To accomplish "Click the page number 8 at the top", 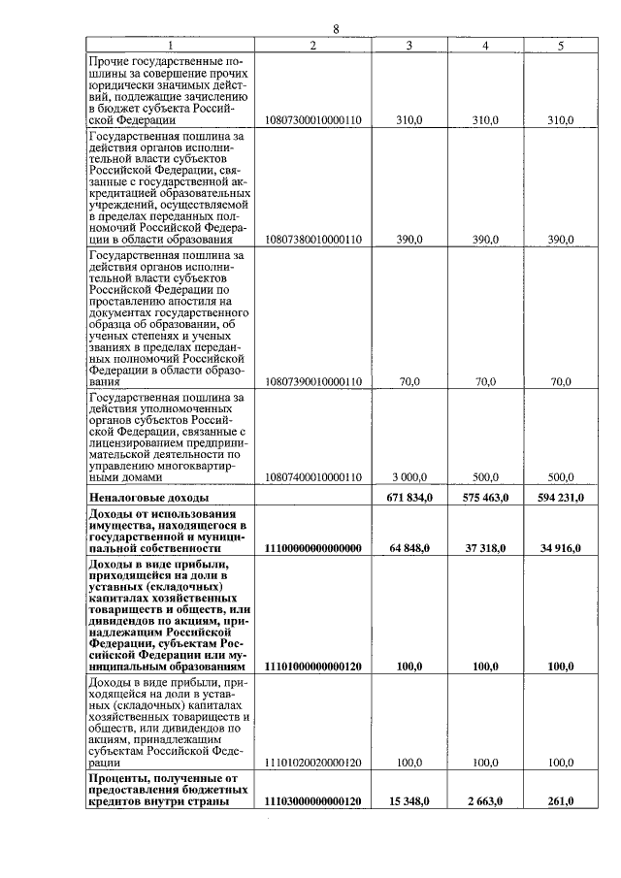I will (336, 29).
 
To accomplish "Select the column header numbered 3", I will (409, 46).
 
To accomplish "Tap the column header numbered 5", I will (561, 46).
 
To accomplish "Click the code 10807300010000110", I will (312, 120).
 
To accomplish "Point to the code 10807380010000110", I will (312, 240).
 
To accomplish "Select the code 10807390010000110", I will (312, 382).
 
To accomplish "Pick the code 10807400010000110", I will (312, 477).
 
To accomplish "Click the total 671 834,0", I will (409, 497).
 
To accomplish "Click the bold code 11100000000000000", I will (312, 548).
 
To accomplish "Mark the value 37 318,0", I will (484, 548).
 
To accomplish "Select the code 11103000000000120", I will (312, 801).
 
